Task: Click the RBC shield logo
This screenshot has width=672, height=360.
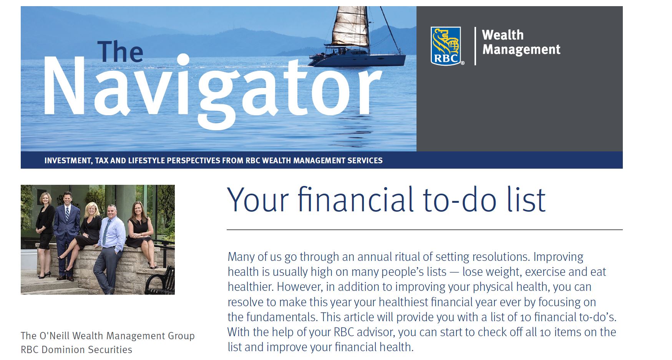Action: click(x=446, y=46)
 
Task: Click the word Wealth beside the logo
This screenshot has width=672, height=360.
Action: click(x=503, y=35)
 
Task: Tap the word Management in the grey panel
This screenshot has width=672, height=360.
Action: click(x=521, y=50)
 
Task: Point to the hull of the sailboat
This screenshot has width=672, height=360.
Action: click(x=357, y=60)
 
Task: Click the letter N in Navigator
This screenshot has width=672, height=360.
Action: click(x=65, y=86)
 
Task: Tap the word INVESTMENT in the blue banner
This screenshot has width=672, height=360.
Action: click(x=68, y=161)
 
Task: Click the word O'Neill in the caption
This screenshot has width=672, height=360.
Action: click(x=55, y=336)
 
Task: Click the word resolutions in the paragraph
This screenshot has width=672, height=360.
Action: click(x=500, y=257)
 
